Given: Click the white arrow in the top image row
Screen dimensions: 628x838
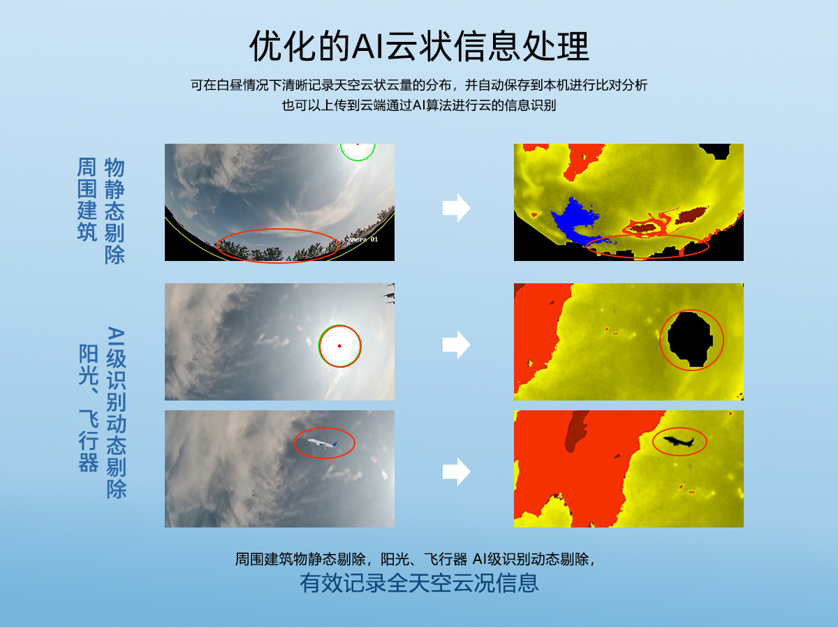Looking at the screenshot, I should click(x=456, y=208).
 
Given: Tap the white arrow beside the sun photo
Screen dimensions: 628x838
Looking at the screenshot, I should click(x=456, y=344).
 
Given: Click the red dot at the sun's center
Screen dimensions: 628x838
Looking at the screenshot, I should click(x=339, y=346).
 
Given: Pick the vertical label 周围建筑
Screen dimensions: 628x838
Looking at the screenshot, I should click(x=87, y=200).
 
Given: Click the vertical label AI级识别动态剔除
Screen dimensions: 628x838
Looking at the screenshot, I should click(x=116, y=412).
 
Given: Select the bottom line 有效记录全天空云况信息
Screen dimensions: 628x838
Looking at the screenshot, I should click(x=419, y=583).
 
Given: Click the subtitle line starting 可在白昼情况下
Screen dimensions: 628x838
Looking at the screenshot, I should click(x=419, y=86).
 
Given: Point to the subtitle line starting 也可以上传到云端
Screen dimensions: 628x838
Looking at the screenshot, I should click(x=419, y=105).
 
